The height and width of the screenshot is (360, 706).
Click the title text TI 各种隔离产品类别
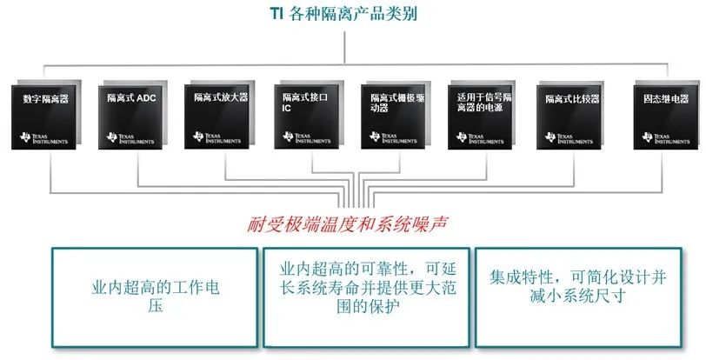pos(343,13)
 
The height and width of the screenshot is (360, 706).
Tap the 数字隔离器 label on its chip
pos(46,98)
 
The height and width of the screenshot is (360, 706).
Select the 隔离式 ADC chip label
pos(131,97)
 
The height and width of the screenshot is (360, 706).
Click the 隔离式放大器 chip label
pos(221,97)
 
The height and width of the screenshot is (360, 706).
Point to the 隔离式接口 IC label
pos(305,103)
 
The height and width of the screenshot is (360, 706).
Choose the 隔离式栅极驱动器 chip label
pos(397,103)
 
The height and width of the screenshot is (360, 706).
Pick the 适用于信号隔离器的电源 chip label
pos(484,103)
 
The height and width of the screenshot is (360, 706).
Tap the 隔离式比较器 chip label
pos(573,98)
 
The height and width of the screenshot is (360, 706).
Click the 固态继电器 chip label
pos(666,98)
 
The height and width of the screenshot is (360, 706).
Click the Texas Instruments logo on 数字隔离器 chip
pos(43,138)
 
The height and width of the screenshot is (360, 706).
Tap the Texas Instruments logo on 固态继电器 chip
pos(665,138)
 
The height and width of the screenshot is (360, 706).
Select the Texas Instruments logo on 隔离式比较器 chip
pos(569,137)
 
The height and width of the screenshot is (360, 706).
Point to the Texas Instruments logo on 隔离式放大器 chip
pos(217,137)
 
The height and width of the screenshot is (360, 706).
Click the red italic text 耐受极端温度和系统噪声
pos(347,224)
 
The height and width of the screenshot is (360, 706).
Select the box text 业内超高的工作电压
pos(156,297)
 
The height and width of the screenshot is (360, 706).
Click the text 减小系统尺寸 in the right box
pos(578,296)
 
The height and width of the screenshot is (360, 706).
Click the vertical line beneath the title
pos(345,47)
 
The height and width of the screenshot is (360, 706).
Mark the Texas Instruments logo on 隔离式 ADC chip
pos(130,138)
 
